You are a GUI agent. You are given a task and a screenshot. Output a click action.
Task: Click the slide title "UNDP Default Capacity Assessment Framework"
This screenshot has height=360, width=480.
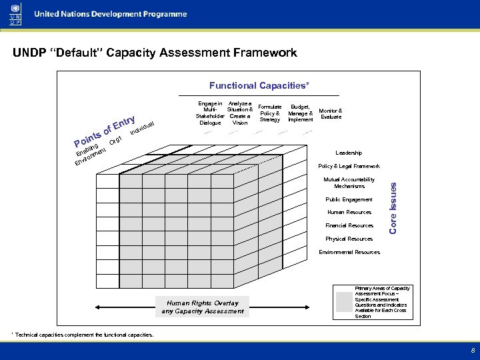[x=155, y=53]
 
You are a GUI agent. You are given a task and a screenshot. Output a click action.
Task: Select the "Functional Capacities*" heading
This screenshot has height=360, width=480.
[x=259, y=85]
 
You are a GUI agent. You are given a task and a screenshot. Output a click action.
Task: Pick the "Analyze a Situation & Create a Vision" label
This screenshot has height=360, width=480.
[x=239, y=113]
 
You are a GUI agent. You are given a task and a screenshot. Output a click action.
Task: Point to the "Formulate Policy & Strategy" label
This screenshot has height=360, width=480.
[x=270, y=113]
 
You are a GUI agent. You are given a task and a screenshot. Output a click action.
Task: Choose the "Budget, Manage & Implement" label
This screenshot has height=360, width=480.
[x=301, y=113]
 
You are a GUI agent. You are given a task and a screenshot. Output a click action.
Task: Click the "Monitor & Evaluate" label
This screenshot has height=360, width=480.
[x=331, y=113]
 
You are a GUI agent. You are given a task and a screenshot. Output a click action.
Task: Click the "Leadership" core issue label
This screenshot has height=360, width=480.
[x=349, y=153]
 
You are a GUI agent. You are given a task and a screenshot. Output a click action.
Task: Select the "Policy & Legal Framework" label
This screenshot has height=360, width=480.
[x=349, y=166]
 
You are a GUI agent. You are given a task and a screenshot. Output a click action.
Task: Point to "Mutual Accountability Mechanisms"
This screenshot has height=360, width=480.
[x=349, y=183]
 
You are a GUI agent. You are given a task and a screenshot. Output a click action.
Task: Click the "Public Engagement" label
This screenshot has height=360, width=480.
[x=349, y=199]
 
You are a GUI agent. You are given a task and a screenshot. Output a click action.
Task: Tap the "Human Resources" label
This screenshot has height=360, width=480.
[x=349, y=212]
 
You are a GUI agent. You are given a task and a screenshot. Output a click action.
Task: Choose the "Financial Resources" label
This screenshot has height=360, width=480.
[x=349, y=225]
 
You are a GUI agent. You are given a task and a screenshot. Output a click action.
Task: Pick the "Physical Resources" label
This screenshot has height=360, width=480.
[x=349, y=239]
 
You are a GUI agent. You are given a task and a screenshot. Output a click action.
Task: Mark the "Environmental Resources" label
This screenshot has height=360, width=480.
[x=349, y=252]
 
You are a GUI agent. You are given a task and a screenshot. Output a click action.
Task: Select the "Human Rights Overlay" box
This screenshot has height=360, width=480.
[x=203, y=307]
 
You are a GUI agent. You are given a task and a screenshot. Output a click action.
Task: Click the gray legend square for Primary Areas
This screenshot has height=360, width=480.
[x=344, y=303]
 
